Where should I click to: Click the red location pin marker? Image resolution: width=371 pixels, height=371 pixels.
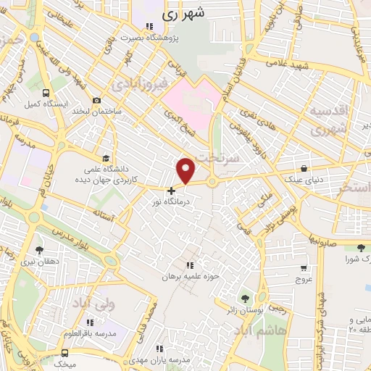(186, 170)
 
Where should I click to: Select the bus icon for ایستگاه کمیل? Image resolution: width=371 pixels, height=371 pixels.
(46, 93)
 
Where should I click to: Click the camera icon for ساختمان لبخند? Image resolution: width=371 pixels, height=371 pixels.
(96, 101)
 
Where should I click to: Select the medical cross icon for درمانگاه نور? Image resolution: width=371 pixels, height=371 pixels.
(171, 191)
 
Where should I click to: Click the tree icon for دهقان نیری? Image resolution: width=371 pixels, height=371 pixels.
(38, 249)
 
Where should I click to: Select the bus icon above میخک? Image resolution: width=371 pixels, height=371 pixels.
(65, 352)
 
